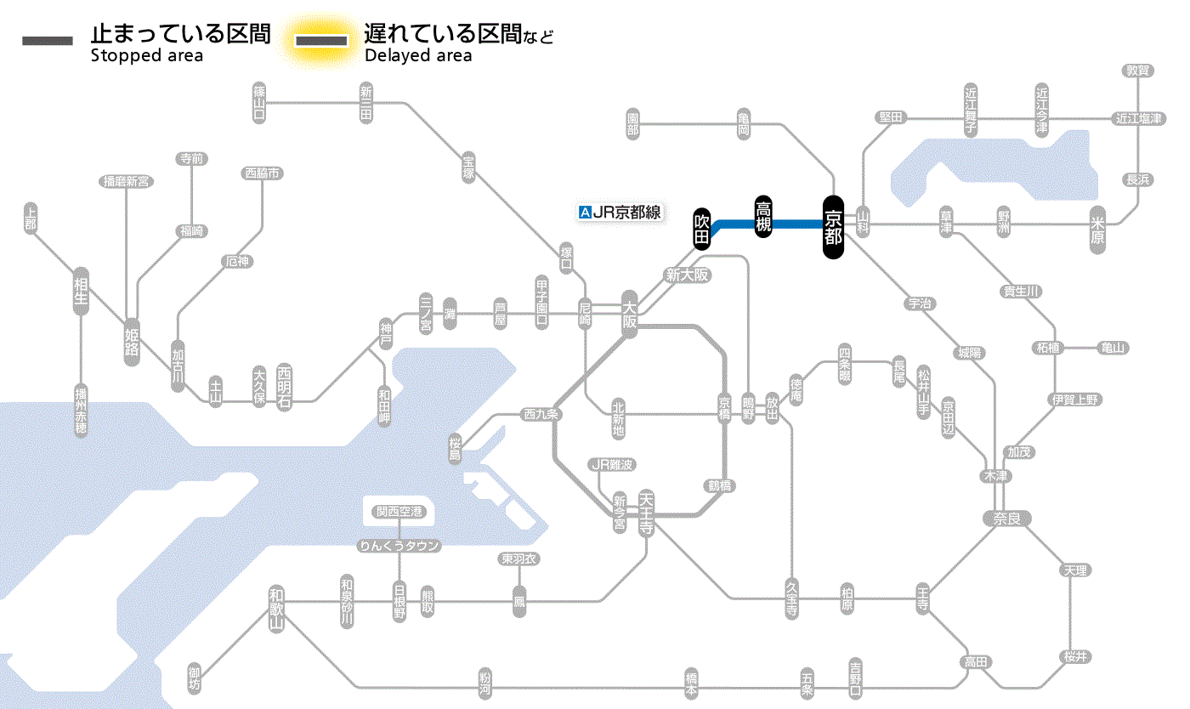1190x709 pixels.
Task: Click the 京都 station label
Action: click(x=833, y=225)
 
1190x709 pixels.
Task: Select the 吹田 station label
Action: click(x=701, y=228)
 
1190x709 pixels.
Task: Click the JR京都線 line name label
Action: click(x=626, y=213)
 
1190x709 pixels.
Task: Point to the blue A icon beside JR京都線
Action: click(x=584, y=213)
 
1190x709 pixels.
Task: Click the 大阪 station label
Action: click(x=629, y=315)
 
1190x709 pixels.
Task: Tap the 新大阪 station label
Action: click(x=687, y=275)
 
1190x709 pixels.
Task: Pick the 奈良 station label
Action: click(x=1006, y=518)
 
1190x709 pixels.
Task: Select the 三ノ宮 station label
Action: click(x=426, y=314)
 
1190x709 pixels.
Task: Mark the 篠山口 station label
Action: click(x=259, y=102)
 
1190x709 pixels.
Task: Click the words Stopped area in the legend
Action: click(x=146, y=56)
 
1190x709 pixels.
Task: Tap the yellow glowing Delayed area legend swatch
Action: click(x=321, y=40)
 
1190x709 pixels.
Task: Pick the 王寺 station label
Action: click(x=923, y=598)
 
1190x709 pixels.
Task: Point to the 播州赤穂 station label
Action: click(x=81, y=411)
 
